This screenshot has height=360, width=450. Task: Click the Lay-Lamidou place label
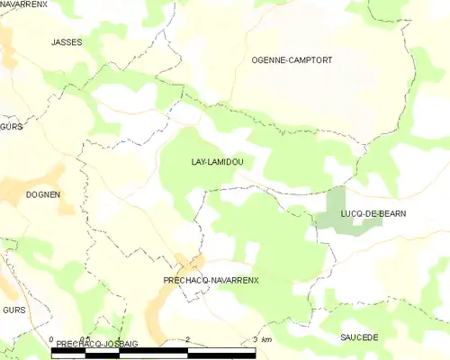coord(218,162)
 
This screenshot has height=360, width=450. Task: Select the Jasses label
coord(67,42)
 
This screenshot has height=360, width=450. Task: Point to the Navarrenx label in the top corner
coord(23,4)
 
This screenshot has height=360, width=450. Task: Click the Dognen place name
coord(43,194)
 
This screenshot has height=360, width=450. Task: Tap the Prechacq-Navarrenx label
coord(211,281)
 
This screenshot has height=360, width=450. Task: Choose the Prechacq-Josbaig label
coord(89,344)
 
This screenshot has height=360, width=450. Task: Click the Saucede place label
coord(359,337)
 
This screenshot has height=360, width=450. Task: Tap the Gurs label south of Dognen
coord(13,310)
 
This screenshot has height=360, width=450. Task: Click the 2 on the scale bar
coord(187,339)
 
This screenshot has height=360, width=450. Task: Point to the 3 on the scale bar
coord(256,339)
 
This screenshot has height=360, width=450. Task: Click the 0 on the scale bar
coord(51,339)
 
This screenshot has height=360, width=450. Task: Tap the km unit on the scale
coord(267,339)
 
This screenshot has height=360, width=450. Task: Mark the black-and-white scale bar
coord(153,352)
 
